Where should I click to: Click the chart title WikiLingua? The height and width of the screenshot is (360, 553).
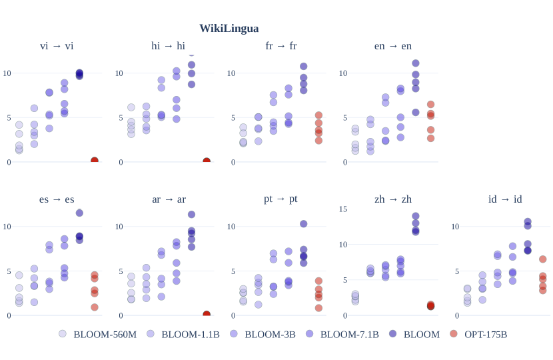click(x=229, y=28)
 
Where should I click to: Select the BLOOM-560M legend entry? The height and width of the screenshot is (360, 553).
click(x=105, y=334)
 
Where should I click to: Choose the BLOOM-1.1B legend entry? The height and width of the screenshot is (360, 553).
click(x=190, y=334)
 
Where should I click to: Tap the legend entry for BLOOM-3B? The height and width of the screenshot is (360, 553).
click(x=270, y=334)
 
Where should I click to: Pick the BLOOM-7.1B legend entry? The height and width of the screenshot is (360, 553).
click(x=349, y=334)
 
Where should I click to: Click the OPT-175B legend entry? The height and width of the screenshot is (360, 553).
click(x=485, y=334)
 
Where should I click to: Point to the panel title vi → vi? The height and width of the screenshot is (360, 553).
click(x=57, y=45)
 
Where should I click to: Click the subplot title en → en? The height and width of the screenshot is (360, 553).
click(x=393, y=45)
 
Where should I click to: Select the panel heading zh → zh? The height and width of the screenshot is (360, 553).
click(x=393, y=199)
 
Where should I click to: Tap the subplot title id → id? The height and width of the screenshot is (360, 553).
click(x=505, y=199)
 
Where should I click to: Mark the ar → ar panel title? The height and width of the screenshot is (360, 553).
click(x=169, y=199)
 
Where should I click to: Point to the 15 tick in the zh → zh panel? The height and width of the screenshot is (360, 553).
click(x=343, y=209)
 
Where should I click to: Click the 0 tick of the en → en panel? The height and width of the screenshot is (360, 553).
click(x=344, y=162)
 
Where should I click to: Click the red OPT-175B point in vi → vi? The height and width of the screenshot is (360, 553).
click(x=95, y=161)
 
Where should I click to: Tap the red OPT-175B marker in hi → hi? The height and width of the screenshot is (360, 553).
click(x=207, y=161)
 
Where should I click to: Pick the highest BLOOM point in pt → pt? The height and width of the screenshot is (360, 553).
click(x=303, y=224)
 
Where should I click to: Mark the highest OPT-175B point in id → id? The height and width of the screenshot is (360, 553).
click(x=542, y=259)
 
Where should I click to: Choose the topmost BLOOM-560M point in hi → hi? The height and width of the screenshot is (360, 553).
click(x=131, y=107)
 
